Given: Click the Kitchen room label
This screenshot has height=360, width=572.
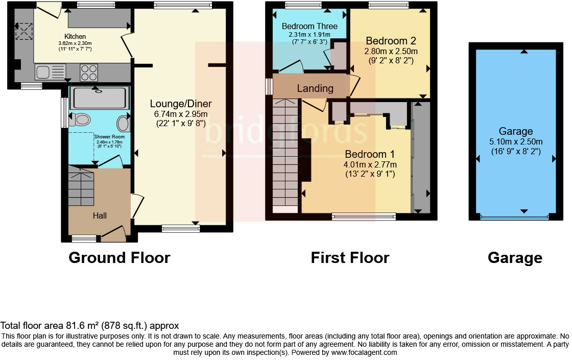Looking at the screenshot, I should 75,36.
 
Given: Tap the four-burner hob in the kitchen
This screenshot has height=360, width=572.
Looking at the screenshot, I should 89,72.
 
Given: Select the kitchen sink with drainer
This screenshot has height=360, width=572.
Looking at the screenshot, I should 51,72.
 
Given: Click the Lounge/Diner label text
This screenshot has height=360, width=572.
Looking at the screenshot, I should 181,104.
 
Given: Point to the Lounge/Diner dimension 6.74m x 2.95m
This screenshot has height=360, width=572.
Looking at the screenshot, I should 181,114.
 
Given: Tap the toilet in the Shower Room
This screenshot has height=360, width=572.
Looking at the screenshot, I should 79,120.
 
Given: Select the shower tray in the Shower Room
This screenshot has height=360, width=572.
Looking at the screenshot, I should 97,97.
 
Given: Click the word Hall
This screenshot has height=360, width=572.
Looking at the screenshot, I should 100,216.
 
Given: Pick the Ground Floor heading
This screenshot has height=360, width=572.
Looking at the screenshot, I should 119,258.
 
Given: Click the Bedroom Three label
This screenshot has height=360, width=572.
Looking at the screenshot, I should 309,26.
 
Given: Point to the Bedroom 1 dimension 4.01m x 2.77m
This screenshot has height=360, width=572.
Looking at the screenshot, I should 371,164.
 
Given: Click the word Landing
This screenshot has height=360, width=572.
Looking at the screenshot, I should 315,88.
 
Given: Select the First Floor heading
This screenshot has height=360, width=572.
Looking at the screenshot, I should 350,258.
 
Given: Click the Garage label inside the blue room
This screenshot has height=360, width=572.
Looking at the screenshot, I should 516,132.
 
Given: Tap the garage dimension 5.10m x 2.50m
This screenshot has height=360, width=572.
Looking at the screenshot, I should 516,141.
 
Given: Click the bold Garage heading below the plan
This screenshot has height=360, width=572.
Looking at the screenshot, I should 515,258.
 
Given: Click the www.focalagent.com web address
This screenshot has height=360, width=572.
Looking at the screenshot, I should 364,352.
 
